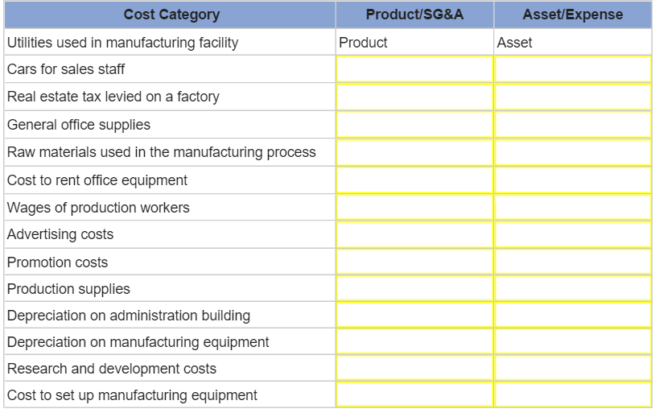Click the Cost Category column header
(x=171, y=15)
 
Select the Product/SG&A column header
(x=414, y=15)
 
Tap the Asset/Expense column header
(x=572, y=15)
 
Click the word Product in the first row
(x=363, y=43)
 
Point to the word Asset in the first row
(x=514, y=43)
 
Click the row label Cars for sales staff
(x=66, y=69)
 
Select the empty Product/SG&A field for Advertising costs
(x=414, y=234)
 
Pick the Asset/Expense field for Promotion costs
(x=572, y=262)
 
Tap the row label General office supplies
(x=79, y=125)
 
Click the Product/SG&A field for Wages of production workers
(x=414, y=207)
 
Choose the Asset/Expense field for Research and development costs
(x=572, y=368)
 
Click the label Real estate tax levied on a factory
(x=113, y=97)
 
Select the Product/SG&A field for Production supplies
(x=414, y=288)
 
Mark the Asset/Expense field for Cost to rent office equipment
(x=572, y=180)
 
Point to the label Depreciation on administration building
(x=129, y=315)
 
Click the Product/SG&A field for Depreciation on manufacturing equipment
(x=414, y=341)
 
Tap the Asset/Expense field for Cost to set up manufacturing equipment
(x=572, y=394)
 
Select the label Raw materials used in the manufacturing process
(x=161, y=152)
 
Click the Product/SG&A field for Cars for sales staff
(x=414, y=69)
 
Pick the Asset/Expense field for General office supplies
(x=572, y=125)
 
